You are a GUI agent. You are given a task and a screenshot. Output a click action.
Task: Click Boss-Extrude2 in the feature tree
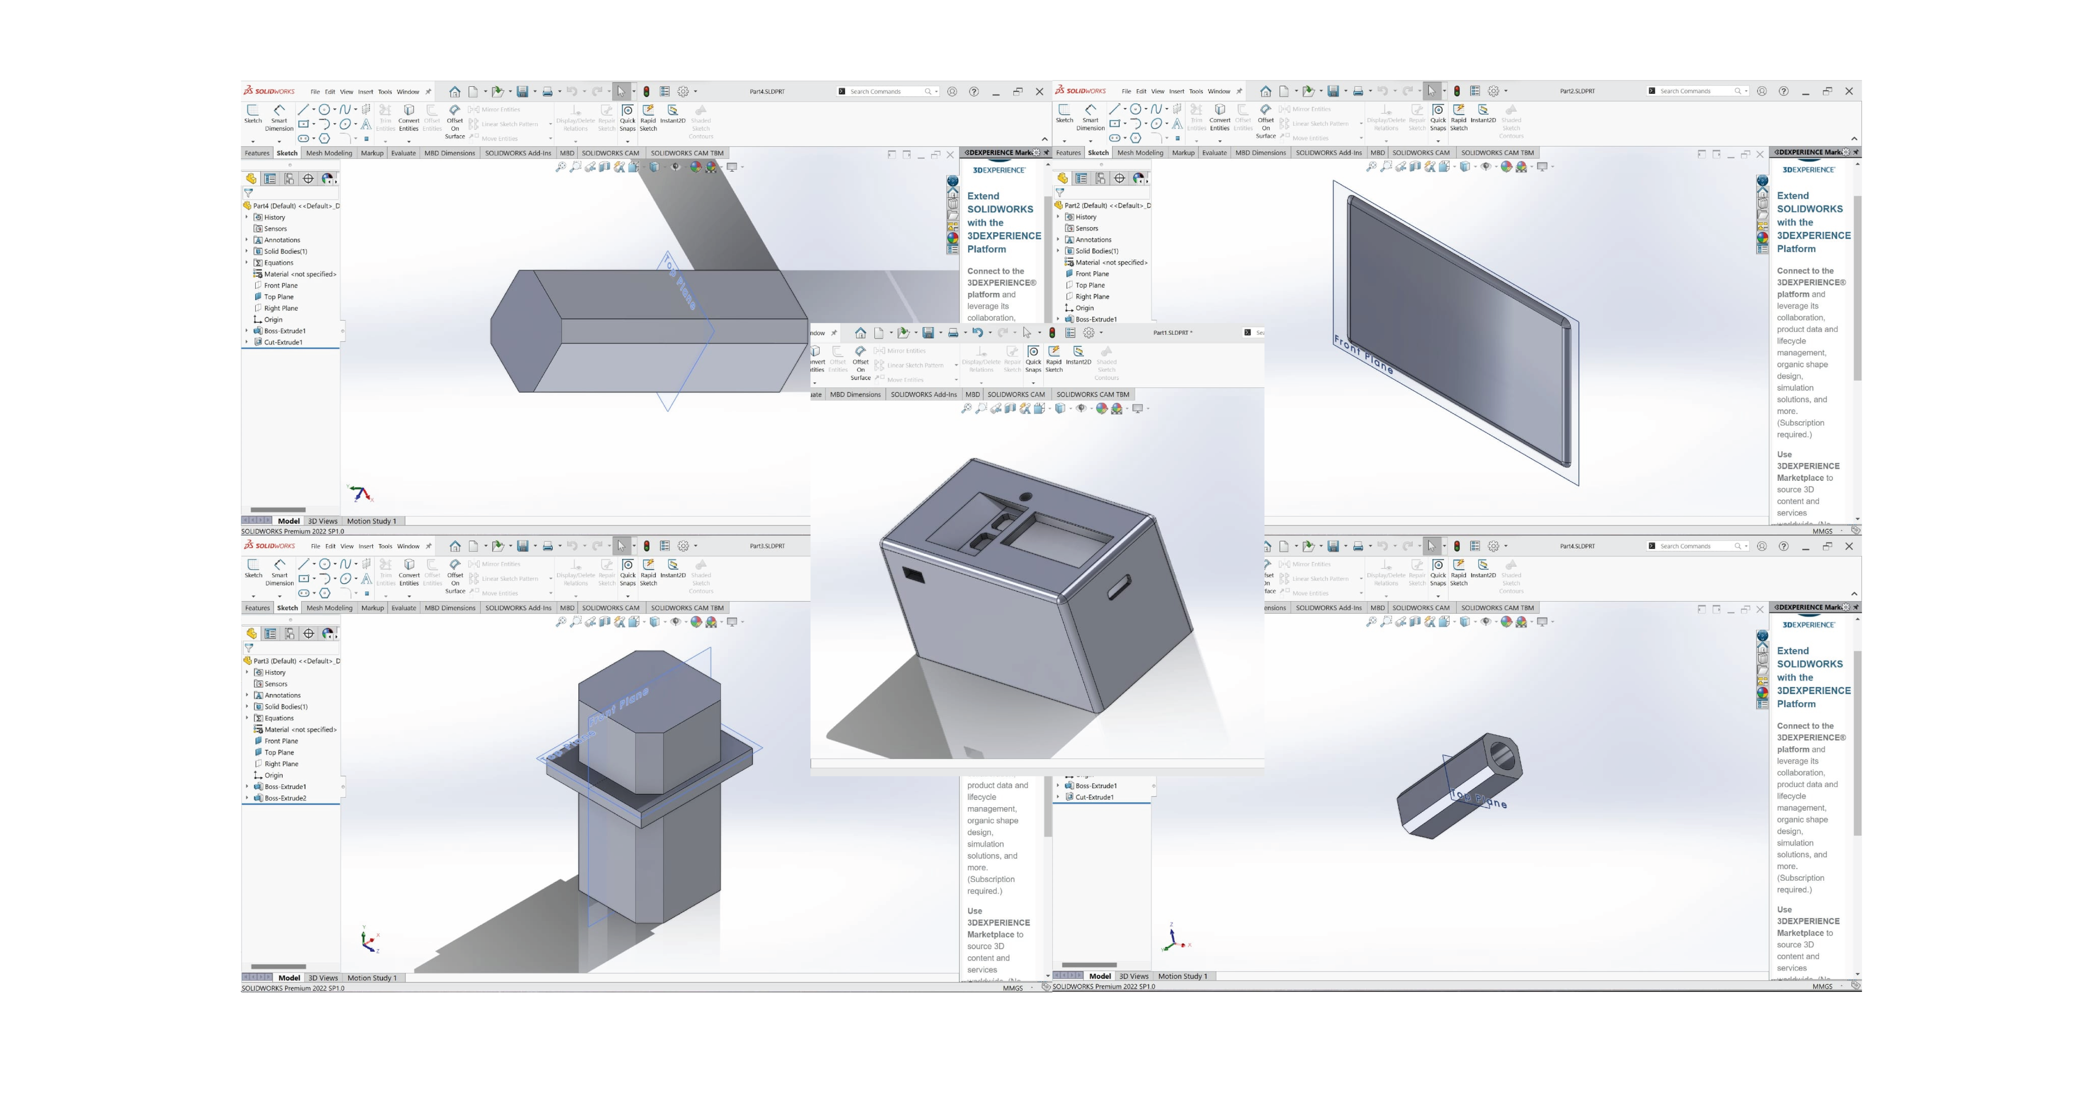point(285,798)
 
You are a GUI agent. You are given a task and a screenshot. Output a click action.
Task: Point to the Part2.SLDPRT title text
point(1577,91)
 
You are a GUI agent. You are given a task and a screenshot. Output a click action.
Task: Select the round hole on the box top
point(1025,497)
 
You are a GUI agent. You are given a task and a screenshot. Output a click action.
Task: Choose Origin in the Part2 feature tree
point(1084,308)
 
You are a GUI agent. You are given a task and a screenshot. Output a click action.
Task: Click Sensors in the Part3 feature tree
point(276,684)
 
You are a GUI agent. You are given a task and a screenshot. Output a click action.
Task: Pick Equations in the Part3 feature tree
point(279,718)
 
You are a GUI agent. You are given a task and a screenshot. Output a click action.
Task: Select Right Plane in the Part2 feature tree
point(1091,296)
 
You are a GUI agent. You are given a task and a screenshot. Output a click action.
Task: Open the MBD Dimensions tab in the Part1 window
point(855,395)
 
